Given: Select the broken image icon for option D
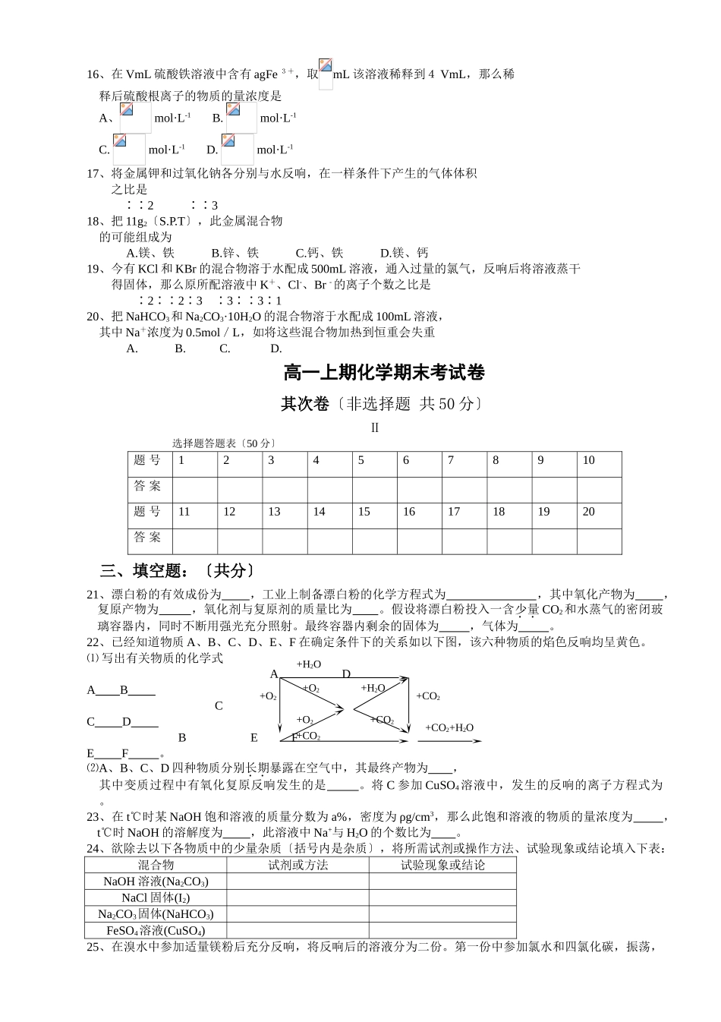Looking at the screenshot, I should click(228, 140).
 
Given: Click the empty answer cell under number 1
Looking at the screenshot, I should click(195, 487).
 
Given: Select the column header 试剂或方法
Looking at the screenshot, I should click(298, 865).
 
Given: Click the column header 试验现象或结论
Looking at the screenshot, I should click(442, 865).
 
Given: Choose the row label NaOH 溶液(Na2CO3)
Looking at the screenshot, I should click(156, 882).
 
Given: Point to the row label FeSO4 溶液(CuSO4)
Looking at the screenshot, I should click(156, 930).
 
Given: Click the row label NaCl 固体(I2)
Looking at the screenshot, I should click(156, 897).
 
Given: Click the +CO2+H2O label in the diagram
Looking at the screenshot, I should click(449, 727).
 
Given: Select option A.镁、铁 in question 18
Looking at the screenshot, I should click(150, 253).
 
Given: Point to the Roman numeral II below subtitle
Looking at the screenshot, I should click(374, 427).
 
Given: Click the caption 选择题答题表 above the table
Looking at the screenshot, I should click(224, 443).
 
